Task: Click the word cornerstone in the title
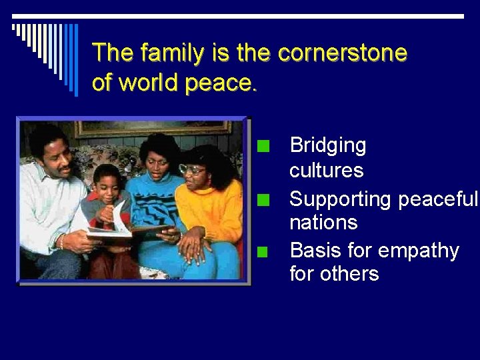coord(342,53)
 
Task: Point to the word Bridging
coord(328,145)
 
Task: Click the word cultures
coord(327,171)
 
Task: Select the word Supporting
coord(341,199)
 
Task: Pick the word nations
coord(323,222)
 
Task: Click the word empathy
coord(419,251)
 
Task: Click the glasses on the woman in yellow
coord(191,169)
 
